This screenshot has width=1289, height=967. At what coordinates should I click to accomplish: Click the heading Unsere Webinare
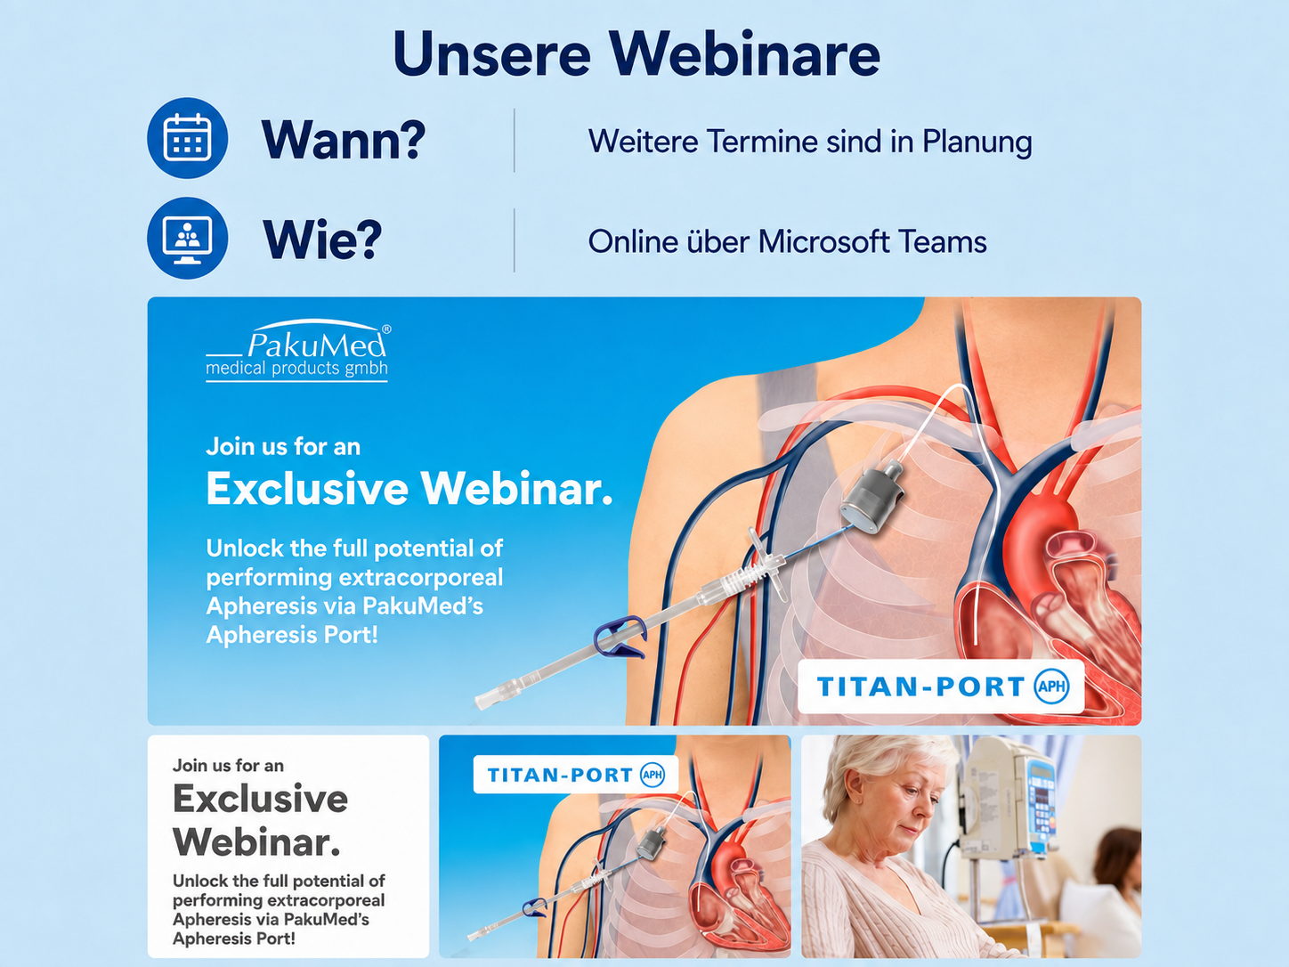[636, 53]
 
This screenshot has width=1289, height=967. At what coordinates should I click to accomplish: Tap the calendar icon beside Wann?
[187, 138]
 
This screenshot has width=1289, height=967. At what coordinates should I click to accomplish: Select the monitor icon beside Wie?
[187, 238]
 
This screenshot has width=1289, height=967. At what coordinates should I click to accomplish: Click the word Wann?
[344, 140]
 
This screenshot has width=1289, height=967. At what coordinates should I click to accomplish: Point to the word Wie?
[322, 240]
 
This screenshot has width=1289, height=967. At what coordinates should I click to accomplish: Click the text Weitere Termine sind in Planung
[810, 142]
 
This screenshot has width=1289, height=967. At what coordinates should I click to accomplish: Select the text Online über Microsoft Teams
[788, 241]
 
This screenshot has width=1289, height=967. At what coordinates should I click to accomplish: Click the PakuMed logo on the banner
[297, 351]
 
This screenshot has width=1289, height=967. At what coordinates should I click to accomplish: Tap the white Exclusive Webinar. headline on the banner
[409, 489]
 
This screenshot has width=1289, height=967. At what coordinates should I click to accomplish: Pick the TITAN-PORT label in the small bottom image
[576, 775]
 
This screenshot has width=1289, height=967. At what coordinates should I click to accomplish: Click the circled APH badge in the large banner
[1051, 687]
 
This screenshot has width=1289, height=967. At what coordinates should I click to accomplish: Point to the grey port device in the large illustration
[871, 497]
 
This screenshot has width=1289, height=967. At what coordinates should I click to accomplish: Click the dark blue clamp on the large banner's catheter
[620, 637]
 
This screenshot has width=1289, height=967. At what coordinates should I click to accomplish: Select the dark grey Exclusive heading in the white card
[260, 799]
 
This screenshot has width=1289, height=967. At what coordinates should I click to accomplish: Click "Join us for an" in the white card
[228, 766]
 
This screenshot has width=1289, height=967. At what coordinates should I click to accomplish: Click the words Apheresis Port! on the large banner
[292, 635]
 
